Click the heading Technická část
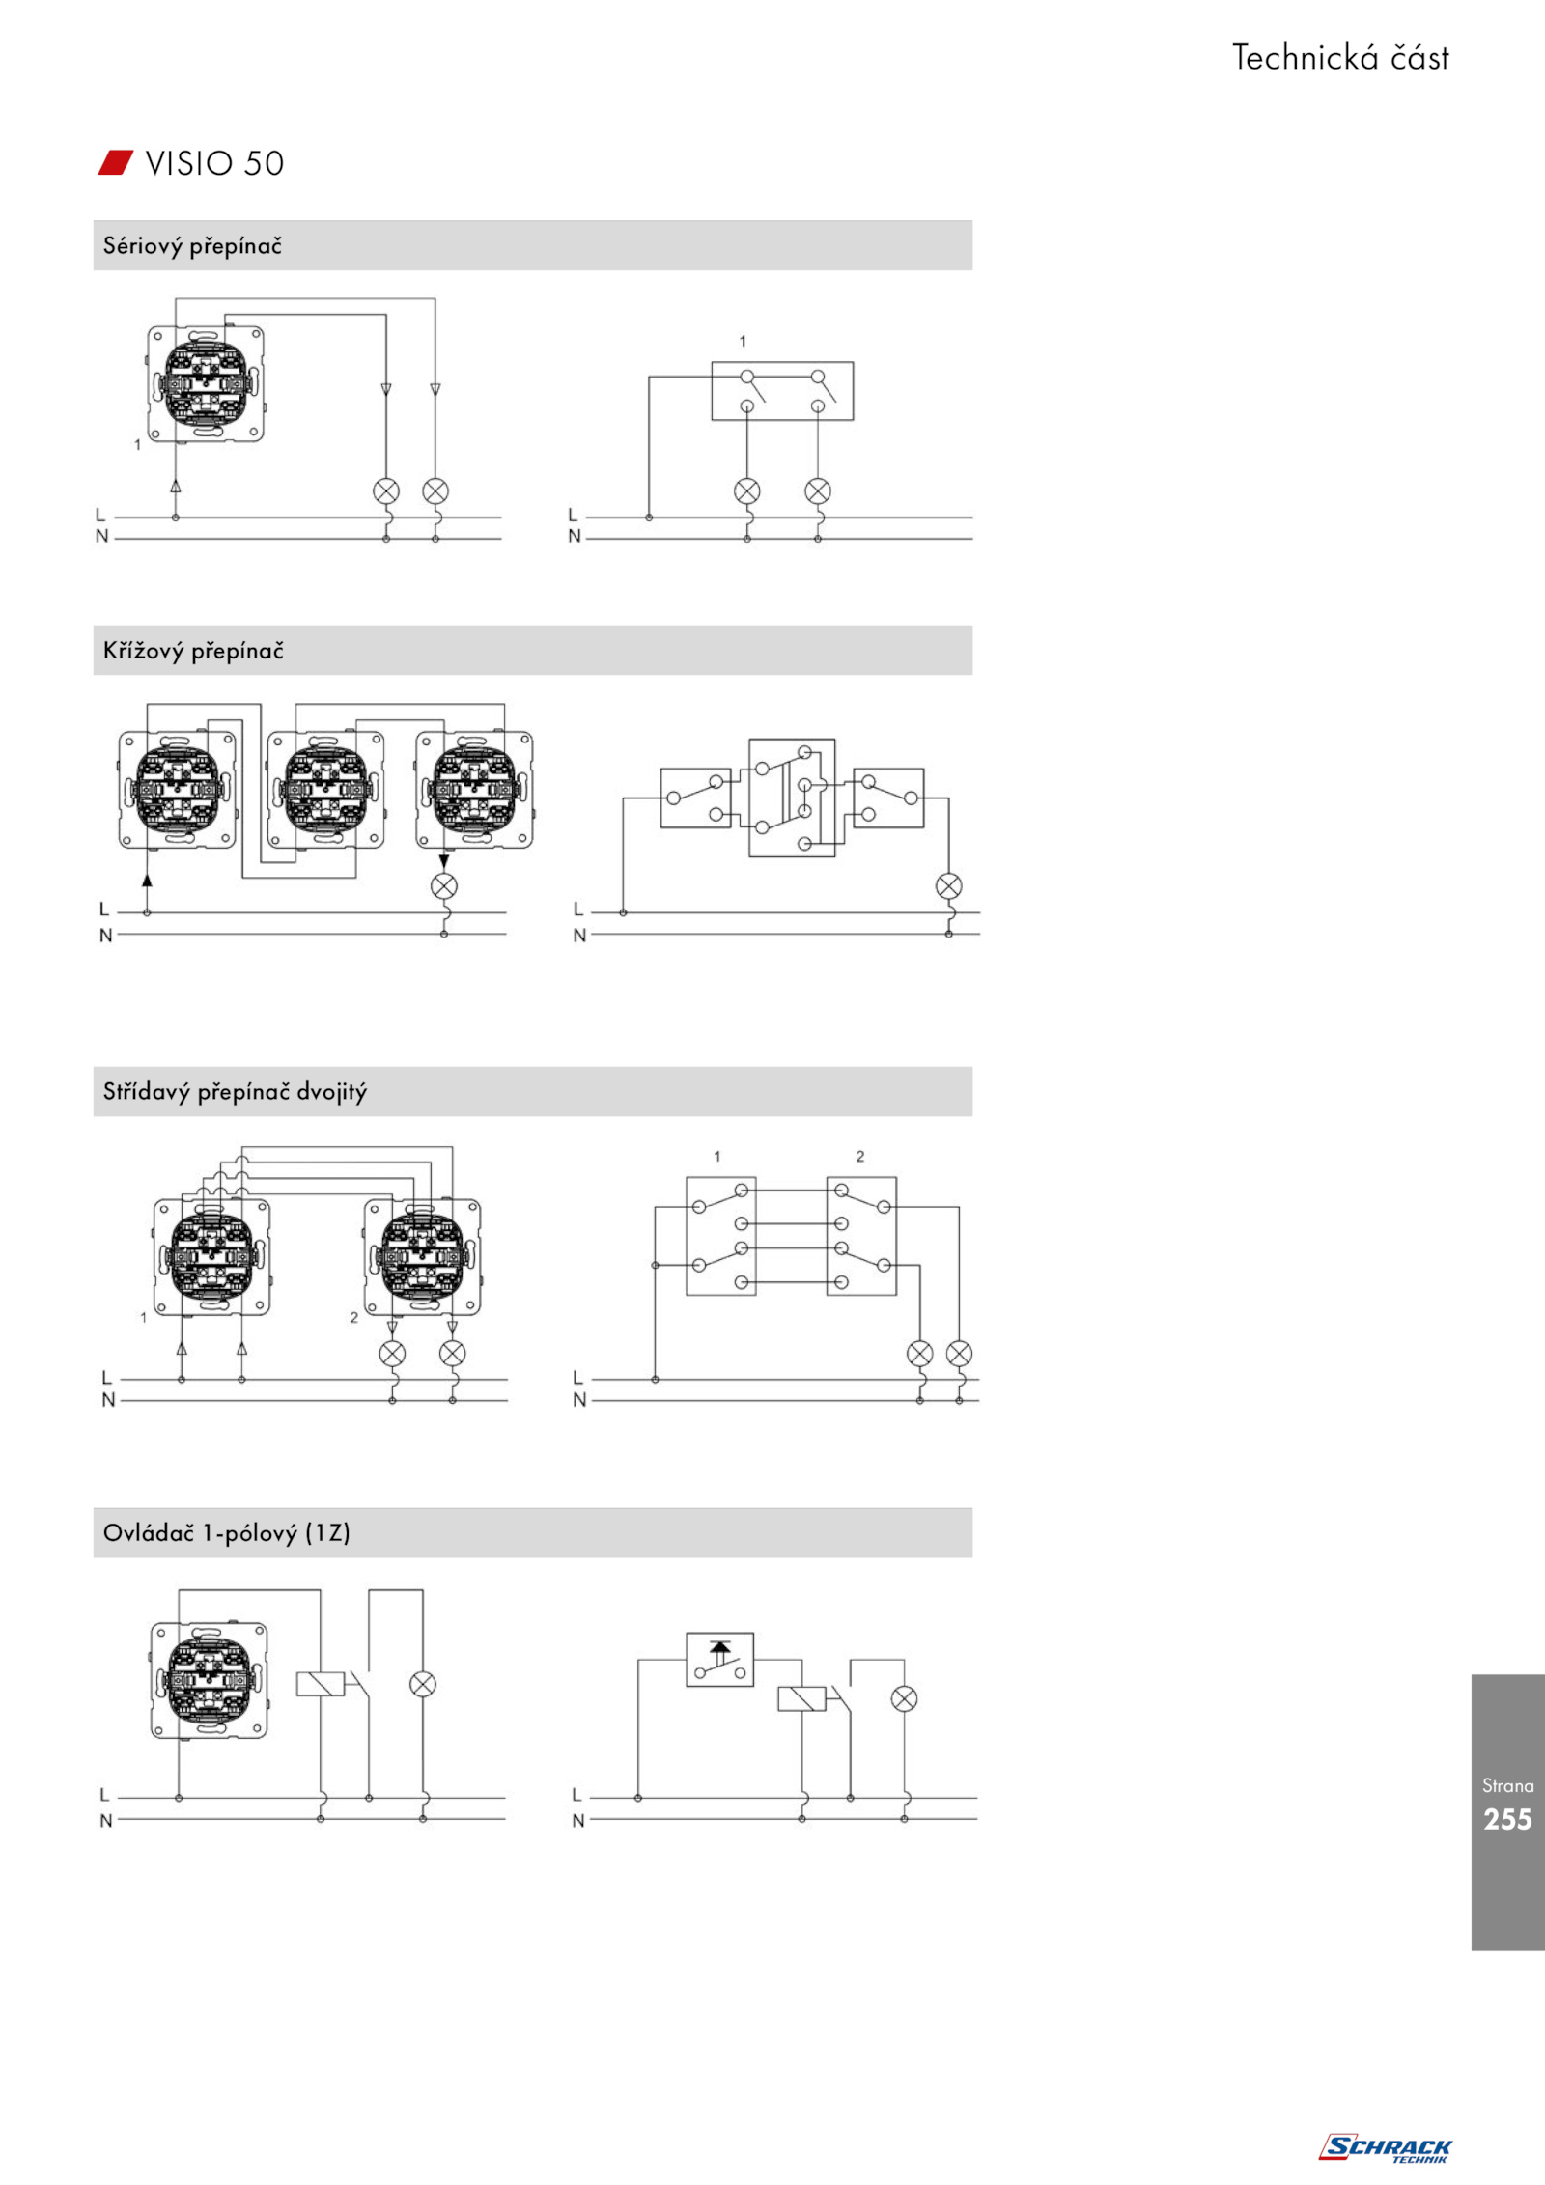point(1340,58)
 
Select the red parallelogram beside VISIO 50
point(116,162)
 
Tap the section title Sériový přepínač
point(192,246)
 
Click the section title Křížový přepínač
point(193,651)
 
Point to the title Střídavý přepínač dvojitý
point(235,1092)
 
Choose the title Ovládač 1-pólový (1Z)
point(227,1533)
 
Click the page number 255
point(1507,1819)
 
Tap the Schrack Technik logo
point(1385,2148)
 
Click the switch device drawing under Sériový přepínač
point(206,384)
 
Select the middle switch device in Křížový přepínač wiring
point(325,790)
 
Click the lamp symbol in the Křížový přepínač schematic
point(949,886)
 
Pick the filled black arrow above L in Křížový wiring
point(147,880)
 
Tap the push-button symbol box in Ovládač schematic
point(719,1660)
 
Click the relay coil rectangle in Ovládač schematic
point(801,1699)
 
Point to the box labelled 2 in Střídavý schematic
point(861,1236)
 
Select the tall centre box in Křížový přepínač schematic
point(792,798)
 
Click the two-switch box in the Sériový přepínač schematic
point(782,391)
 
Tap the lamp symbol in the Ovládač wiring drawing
point(423,1685)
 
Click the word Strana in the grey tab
point(1507,1786)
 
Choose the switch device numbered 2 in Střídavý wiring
point(423,1256)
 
